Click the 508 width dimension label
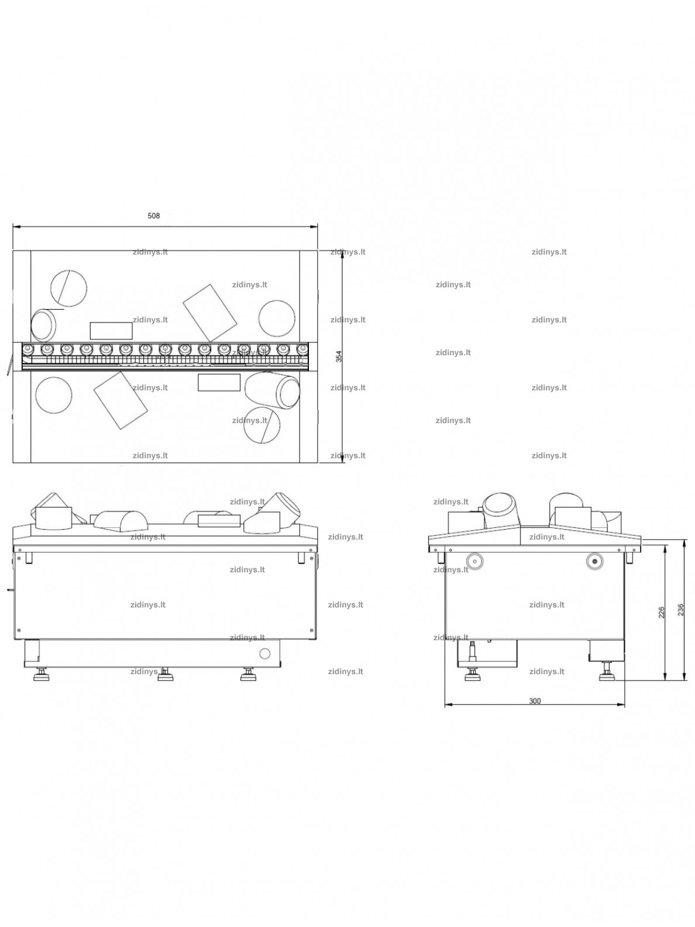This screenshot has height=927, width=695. pyautogui.click(x=154, y=216)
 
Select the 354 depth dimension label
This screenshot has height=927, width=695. pyautogui.click(x=338, y=356)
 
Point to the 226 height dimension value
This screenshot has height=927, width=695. pyautogui.click(x=661, y=612)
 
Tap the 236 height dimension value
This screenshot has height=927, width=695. pyautogui.click(x=680, y=609)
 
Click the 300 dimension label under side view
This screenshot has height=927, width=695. pyautogui.click(x=535, y=701)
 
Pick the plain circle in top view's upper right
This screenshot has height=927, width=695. pyautogui.click(x=277, y=318)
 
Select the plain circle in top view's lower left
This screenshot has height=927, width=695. pyautogui.click(x=54, y=395)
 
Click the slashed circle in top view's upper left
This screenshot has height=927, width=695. pyautogui.click(x=69, y=289)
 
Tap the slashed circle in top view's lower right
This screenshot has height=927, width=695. pyautogui.click(x=262, y=425)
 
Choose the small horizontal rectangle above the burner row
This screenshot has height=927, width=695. pyautogui.click(x=111, y=331)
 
